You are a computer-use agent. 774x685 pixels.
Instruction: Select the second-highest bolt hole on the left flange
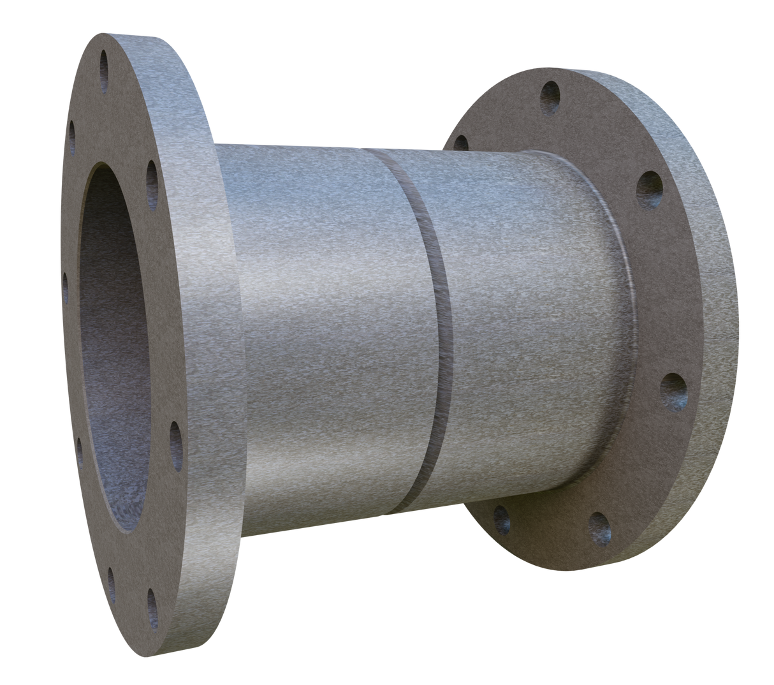click(72, 132)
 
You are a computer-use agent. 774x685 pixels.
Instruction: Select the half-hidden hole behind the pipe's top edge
click(461, 143)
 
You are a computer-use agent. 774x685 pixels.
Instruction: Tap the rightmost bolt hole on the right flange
click(673, 391)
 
